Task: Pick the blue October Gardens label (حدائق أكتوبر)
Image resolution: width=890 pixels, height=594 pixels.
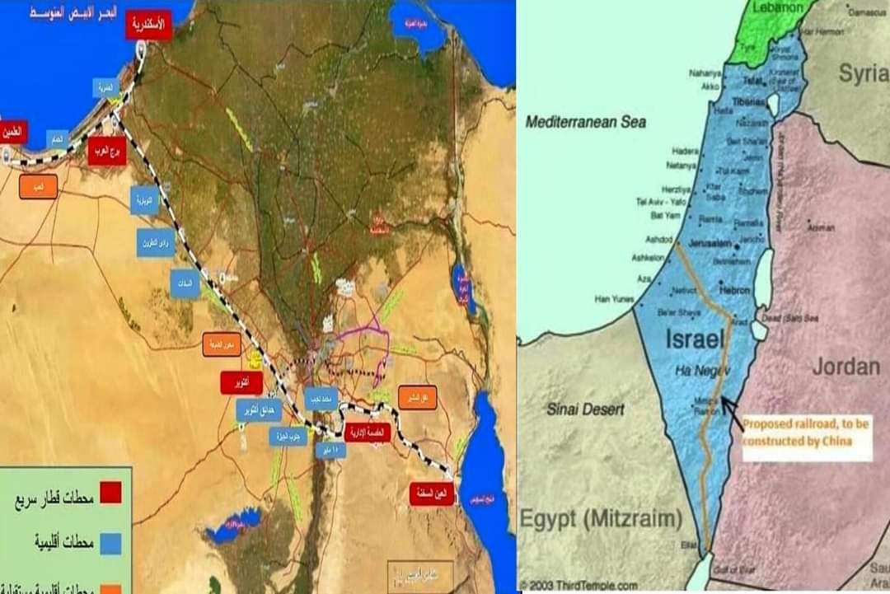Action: (258, 409)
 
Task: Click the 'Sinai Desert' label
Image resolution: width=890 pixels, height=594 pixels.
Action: (585, 409)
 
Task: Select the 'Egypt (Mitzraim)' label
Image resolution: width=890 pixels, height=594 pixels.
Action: (600, 519)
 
